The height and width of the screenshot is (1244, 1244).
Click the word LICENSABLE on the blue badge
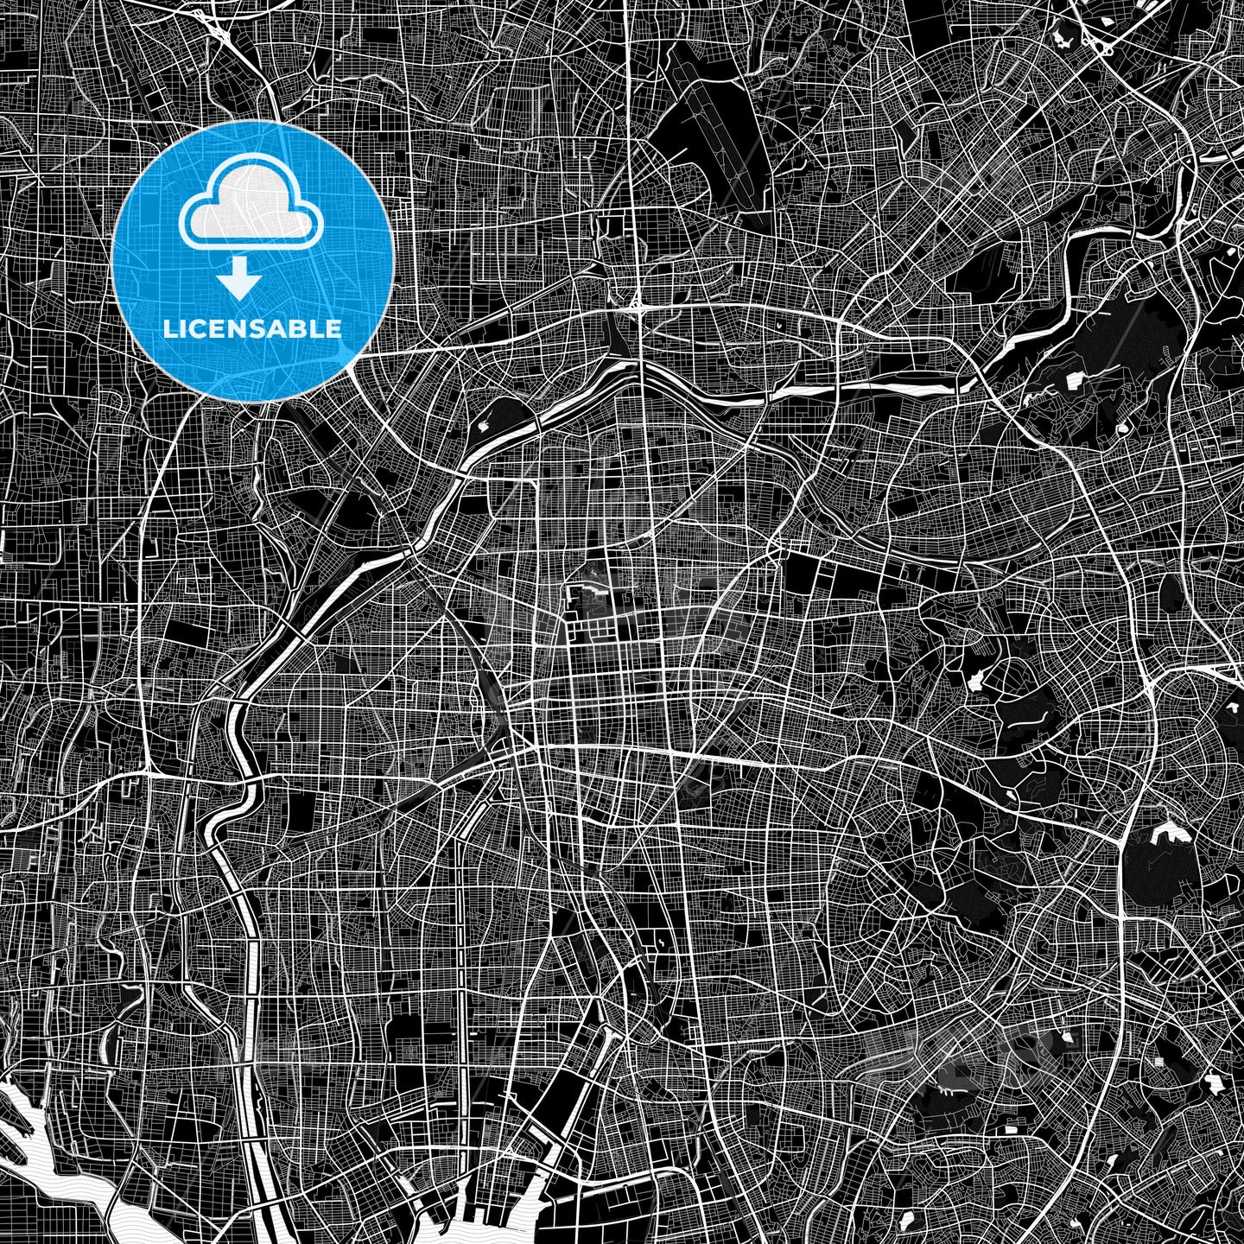tap(252, 329)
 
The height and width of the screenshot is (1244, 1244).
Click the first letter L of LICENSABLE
tap(168, 329)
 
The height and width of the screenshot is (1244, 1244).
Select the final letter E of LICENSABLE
tap(333, 329)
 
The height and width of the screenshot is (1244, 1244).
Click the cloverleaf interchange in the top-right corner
tap(1104, 43)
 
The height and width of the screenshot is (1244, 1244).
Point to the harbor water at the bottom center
tap(484, 1227)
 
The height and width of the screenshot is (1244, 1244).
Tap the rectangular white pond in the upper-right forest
tap(1077, 381)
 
